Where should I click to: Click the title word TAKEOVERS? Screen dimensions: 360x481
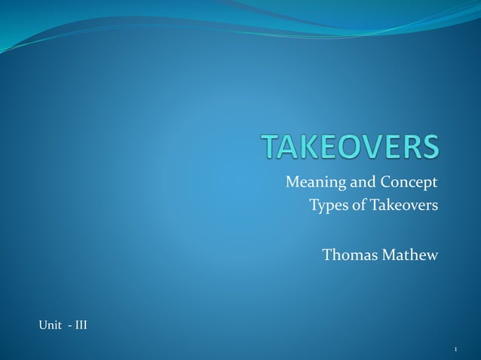click(350, 147)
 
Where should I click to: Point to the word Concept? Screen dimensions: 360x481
click(407, 183)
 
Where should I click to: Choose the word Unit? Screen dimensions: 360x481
click(50, 325)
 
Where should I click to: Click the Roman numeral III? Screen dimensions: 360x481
click(80, 325)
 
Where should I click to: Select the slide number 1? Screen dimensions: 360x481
click(456, 349)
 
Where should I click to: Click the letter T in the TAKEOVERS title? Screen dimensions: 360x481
click(271, 147)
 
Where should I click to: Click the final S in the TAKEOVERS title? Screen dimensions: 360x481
click(429, 147)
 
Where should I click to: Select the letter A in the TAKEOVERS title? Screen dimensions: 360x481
click(291, 147)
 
